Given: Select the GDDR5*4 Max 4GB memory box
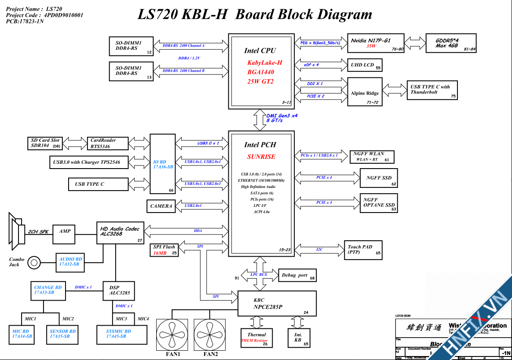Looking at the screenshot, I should click(450, 43).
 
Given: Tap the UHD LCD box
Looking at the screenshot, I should click(365, 65).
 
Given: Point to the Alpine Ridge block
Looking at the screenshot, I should click(365, 92).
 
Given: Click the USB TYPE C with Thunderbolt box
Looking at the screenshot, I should click(432, 90).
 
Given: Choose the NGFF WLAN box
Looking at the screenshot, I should click(371, 157).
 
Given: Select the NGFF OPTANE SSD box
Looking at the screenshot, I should click(378, 203).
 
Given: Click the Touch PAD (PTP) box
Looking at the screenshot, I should click(364, 250).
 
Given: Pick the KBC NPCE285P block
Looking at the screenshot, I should click(277, 303).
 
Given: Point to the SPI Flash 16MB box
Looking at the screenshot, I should click(165, 250).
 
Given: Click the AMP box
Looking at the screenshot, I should click(65, 231).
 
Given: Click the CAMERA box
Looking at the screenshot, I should click(161, 206).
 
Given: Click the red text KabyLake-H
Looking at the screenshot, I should click(264, 63).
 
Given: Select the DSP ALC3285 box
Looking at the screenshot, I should click(119, 291).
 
